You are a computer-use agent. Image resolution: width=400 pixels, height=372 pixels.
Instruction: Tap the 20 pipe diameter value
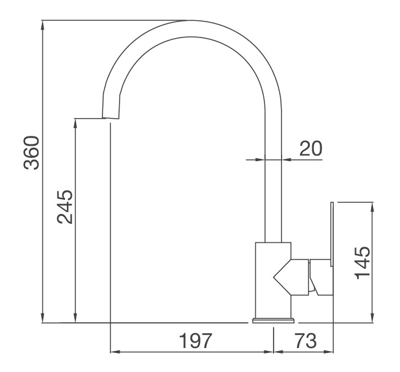click(x=310, y=148)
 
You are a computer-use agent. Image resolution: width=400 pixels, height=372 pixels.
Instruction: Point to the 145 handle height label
click(x=363, y=263)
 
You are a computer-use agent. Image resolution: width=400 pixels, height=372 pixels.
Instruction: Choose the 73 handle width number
click(x=305, y=341)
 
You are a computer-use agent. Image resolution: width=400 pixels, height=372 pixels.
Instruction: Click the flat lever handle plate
click(x=331, y=234)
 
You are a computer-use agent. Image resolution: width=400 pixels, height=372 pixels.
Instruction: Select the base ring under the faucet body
click(x=273, y=320)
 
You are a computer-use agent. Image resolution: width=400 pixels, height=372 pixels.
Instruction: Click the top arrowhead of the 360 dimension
click(x=42, y=25)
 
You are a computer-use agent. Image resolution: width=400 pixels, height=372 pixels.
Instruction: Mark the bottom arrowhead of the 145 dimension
click(x=372, y=317)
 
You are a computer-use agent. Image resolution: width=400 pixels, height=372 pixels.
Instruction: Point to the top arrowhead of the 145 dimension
click(x=372, y=206)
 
